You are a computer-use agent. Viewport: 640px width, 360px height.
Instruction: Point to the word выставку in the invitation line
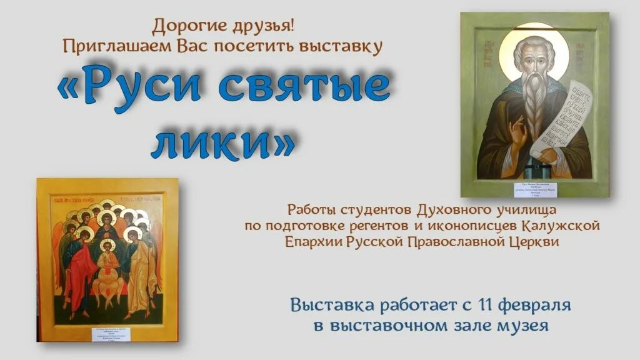coord(350,46)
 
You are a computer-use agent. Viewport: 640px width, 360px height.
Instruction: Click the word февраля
coord(536,306)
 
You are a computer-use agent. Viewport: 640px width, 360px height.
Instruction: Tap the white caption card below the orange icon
coord(108,331)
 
